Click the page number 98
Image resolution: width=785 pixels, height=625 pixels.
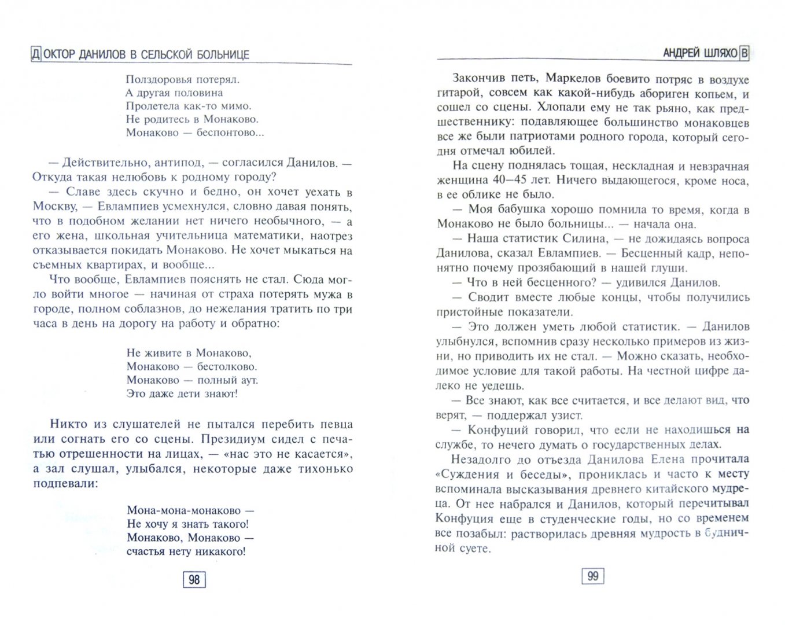194,579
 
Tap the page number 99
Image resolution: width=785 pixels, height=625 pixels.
592,576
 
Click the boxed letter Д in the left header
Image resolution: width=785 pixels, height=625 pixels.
36,55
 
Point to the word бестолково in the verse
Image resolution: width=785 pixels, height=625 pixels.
227,366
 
